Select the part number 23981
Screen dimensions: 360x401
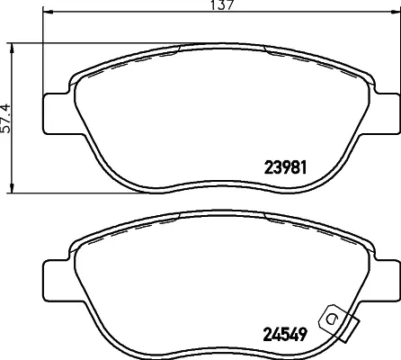(x=287, y=166)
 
